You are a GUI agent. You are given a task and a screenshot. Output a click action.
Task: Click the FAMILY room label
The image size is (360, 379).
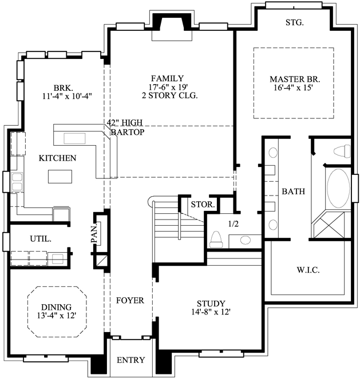tap(167, 78)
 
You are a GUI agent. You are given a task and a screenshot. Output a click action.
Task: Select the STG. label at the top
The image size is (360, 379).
tap(294, 23)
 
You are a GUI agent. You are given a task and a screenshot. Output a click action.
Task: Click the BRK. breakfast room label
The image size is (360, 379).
tap(62, 87)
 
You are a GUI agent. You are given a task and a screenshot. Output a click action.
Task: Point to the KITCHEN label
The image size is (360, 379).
tap(57, 158)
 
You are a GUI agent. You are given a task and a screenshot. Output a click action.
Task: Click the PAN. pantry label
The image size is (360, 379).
tap(95, 233)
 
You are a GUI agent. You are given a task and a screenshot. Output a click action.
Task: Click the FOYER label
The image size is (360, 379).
tap(130, 300)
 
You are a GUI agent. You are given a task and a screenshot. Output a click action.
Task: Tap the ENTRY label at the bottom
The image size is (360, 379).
tap(130, 360)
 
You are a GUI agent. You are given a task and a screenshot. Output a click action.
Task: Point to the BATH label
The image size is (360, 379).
tap(293, 192)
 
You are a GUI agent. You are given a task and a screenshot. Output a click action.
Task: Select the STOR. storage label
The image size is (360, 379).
tap(202, 204)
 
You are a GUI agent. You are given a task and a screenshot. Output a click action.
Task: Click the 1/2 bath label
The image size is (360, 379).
tap(234, 224)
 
